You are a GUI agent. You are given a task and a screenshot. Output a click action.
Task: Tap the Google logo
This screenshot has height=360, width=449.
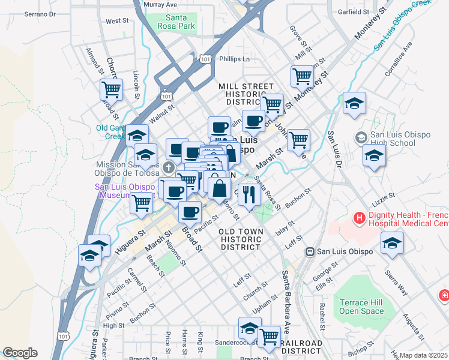[x=20, y=353]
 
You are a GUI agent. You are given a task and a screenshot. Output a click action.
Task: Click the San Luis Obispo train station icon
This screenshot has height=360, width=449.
[x=310, y=251]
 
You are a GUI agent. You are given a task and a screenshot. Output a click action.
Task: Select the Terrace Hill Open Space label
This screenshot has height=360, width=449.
[x=361, y=307]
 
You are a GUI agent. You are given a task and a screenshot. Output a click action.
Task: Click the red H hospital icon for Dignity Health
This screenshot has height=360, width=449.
[x=360, y=218]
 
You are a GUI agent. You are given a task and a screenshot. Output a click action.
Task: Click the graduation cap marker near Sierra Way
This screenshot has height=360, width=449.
[x=392, y=242]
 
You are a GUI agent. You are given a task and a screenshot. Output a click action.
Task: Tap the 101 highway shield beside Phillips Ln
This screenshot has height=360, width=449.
[x=205, y=59]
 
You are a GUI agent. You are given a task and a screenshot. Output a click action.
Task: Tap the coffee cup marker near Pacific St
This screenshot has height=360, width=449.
[x=190, y=211]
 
